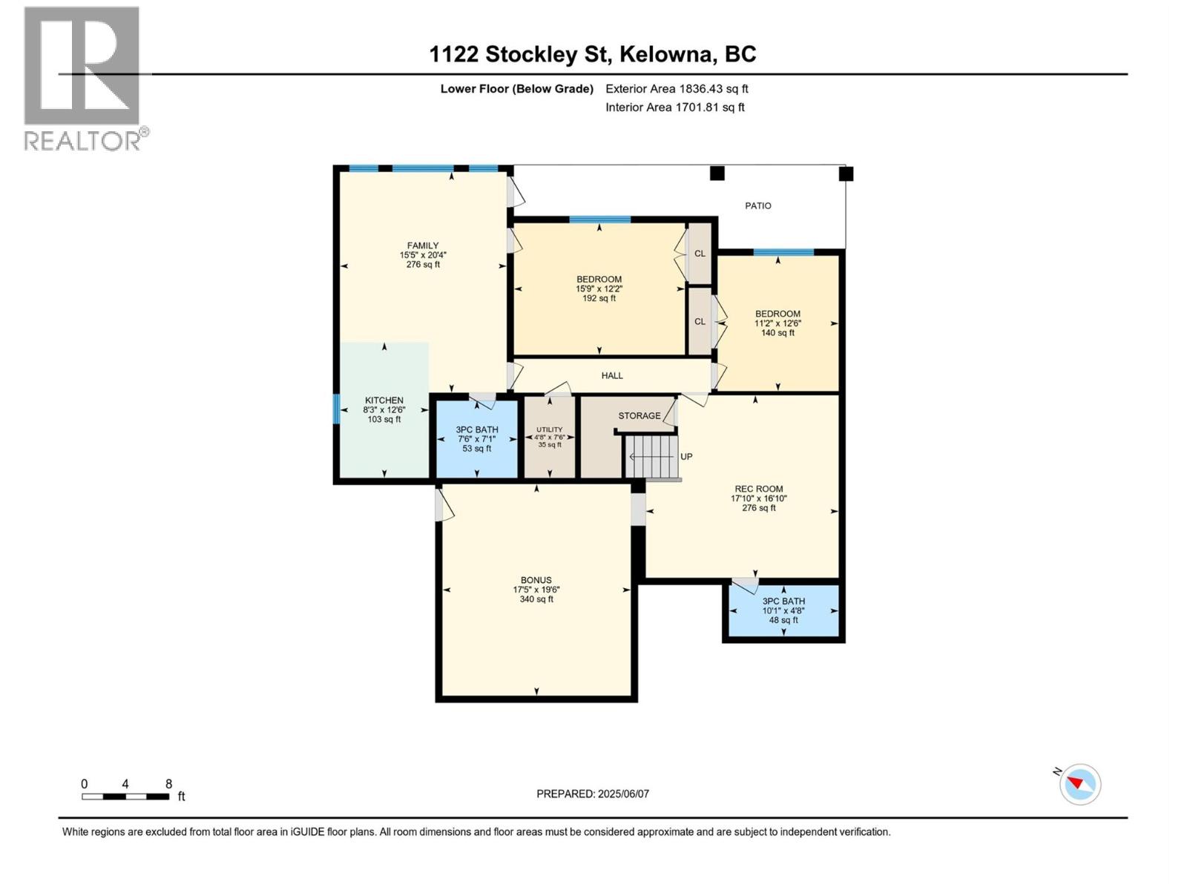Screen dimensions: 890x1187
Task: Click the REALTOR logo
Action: tap(82, 78)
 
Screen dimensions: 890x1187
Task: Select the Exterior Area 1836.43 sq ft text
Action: tap(677, 89)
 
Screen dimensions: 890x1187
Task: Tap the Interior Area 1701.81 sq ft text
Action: tap(674, 108)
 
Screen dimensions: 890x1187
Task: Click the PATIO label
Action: tap(758, 206)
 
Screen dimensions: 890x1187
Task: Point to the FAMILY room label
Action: tap(423, 245)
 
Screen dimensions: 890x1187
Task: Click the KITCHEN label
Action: tap(384, 400)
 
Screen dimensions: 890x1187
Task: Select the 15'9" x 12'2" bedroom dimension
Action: tap(599, 289)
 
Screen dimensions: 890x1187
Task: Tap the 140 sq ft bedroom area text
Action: tap(777, 333)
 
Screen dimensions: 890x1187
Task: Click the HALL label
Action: tap(612, 376)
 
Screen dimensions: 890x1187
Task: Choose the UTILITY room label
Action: tap(550, 429)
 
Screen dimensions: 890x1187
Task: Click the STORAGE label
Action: tap(639, 416)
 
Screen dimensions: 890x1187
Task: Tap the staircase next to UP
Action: tap(652, 457)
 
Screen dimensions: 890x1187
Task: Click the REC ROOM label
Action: tap(759, 489)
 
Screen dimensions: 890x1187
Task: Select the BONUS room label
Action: tap(536, 581)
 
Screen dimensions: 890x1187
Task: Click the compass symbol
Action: tap(1080, 784)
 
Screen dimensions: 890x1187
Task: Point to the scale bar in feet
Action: tap(125, 797)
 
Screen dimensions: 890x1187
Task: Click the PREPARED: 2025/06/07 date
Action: tap(593, 794)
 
